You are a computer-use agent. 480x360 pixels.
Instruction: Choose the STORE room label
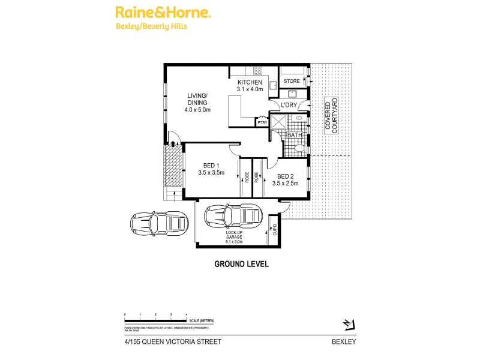292,81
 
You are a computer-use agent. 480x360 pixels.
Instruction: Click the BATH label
294,135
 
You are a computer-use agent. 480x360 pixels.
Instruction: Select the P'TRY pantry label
262,122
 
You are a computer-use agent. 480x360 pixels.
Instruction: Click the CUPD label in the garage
275,229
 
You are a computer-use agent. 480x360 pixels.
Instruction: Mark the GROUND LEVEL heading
241,263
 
